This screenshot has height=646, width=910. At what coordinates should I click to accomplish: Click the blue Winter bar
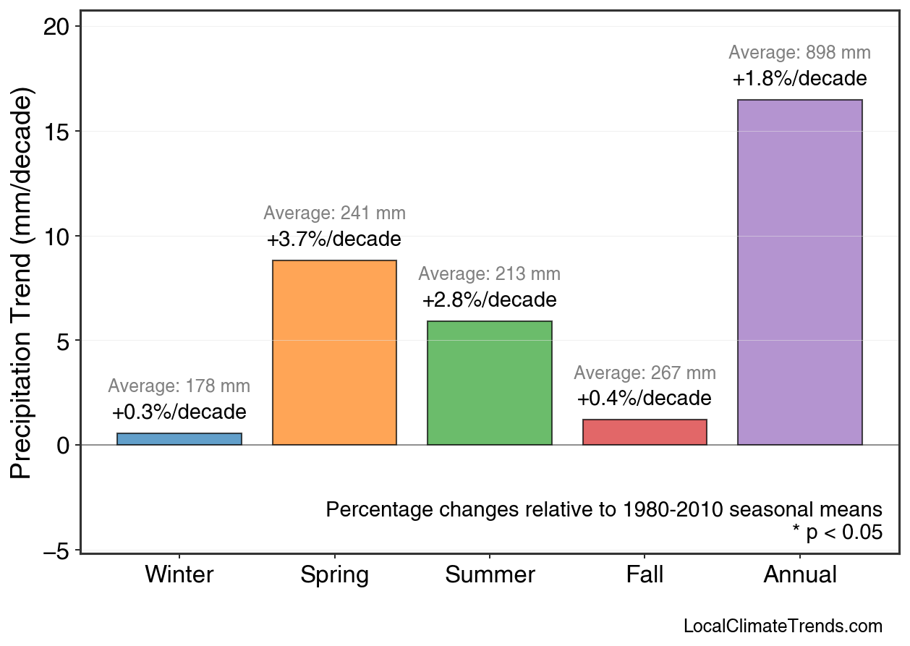click(179, 438)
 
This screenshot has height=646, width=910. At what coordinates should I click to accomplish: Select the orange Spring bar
click(334, 352)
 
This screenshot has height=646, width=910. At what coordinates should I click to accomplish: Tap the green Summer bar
click(490, 383)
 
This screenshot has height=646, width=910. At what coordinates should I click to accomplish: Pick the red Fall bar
click(645, 432)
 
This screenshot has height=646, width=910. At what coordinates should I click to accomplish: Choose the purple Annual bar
click(799, 272)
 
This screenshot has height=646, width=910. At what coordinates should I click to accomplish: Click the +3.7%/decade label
click(334, 239)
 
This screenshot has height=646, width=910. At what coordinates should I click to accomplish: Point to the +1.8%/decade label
click(799, 78)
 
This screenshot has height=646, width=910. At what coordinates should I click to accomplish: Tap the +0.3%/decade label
click(179, 412)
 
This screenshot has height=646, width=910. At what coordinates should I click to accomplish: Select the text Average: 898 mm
click(799, 53)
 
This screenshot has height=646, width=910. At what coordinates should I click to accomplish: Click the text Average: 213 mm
click(490, 275)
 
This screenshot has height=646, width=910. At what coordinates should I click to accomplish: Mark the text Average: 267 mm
click(645, 373)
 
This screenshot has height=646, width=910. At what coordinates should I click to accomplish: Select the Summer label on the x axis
click(490, 575)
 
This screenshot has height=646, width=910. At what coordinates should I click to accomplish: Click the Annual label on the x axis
click(799, 575)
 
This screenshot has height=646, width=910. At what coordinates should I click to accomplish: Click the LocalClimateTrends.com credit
click(783, 626)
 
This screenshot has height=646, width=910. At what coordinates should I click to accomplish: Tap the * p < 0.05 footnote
click(837, 532)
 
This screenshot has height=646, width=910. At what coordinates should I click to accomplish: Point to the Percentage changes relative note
click(604, 509)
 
